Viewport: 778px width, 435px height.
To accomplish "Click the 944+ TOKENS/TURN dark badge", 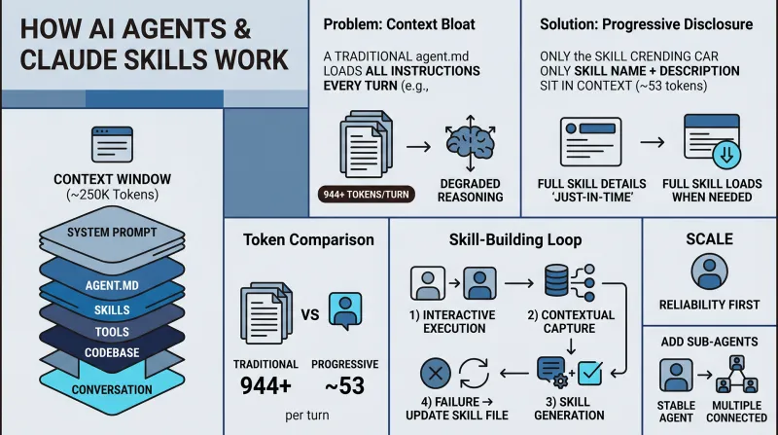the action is coord(367,195).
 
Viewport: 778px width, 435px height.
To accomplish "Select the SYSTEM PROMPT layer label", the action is coord(112,233).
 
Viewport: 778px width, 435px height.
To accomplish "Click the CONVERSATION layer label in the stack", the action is coord(112,390).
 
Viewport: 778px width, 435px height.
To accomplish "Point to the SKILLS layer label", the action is coord(112,310).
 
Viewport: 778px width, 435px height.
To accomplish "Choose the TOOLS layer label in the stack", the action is coord(112,332).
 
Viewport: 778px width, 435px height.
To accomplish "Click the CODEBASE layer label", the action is coord(112,352).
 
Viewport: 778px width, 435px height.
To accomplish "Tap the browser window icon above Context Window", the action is coord(112,144).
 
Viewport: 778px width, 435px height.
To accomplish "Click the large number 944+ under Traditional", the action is coord(265,385).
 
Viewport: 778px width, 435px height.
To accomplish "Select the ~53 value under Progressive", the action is coord(345,385).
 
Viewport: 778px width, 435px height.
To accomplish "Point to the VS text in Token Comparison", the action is coord(310,315).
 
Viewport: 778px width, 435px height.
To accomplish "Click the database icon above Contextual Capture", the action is coord(556,280).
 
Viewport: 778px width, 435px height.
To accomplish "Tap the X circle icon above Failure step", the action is coord(436,374).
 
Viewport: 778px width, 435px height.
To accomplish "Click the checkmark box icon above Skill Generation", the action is coord(590,373).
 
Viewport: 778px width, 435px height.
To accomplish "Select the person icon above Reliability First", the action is coord(710,272).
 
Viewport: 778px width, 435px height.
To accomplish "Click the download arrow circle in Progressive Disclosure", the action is coord(726,155).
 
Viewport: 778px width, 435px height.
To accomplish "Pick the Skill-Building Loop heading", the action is coord(515,239).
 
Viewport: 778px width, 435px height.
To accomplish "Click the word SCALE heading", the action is coord(710,239).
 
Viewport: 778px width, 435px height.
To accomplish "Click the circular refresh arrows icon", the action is coord(475,374).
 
